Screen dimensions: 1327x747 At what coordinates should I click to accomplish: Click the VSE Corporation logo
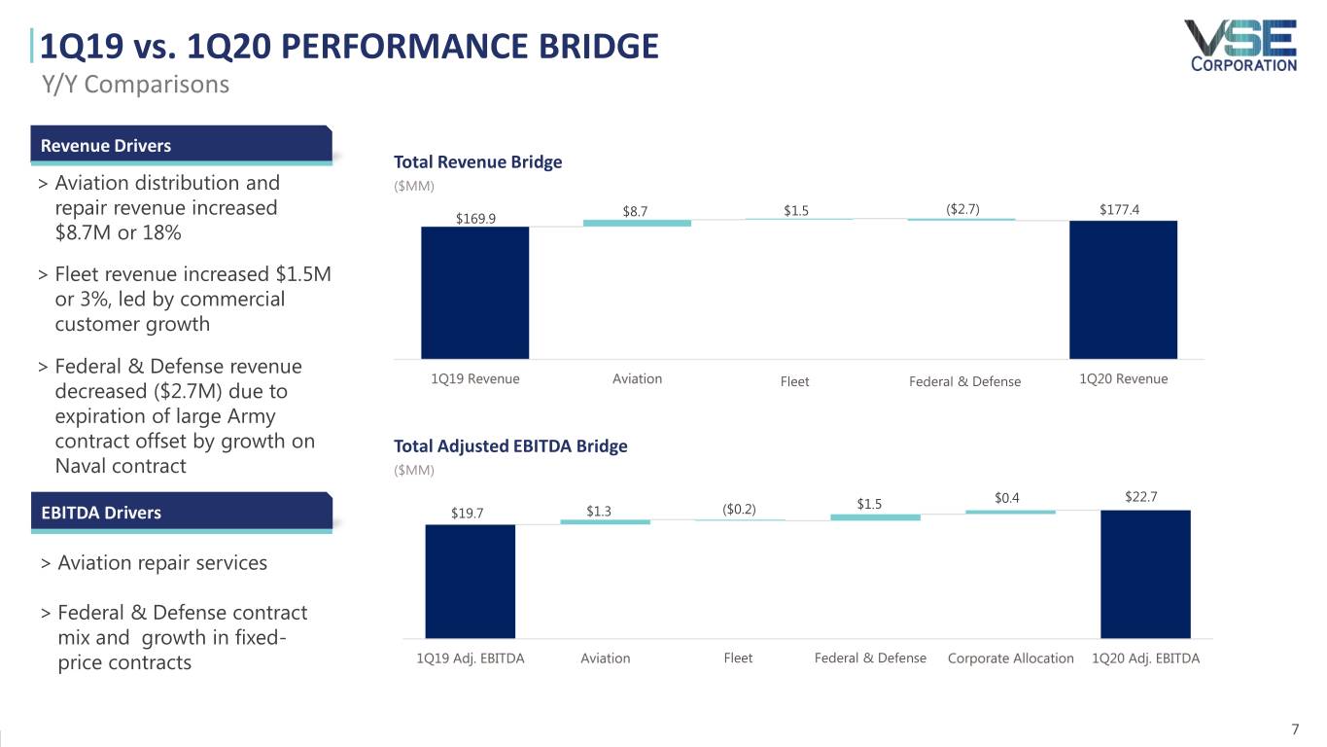[x=1241, y=46]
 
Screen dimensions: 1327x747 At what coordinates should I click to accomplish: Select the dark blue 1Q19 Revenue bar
[x=475, y=293]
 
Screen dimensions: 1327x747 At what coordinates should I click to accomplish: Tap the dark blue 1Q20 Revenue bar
[x=1123, y=290]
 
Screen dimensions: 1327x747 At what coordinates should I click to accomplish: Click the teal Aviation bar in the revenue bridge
[x=637, y=223]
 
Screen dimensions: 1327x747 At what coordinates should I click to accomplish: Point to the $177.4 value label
[x=1119, y=210]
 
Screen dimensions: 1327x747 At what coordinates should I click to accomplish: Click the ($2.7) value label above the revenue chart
[x=962, y=209]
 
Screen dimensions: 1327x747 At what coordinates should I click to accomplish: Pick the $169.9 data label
[x=475, y=219]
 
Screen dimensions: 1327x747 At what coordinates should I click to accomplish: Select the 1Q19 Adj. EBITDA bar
[x=471, y=582]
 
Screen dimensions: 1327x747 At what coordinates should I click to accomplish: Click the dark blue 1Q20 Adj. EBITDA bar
[x=1146, y=575]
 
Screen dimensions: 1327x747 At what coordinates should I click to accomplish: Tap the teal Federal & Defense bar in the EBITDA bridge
[x=876, y=517]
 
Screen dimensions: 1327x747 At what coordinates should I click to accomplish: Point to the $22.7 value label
[x=1141, y=497]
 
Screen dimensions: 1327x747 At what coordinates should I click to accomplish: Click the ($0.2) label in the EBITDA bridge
[x=739, y=510]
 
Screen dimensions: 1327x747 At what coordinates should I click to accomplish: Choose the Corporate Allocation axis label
[x=1011, y=658]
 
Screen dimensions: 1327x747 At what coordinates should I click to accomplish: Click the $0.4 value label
[x=1007, y=498]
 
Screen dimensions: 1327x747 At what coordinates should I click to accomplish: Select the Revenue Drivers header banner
[x=181, y=145]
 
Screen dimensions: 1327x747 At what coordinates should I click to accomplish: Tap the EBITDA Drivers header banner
[x=182, y=513]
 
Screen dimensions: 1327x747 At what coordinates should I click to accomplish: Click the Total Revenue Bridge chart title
[x=478, y=161]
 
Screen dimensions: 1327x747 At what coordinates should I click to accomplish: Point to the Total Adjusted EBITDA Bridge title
[x=510, y=445]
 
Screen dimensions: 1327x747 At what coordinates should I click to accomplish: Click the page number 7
[x=1295, y=729]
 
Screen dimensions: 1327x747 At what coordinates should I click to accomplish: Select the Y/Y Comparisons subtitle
[x=136, y=85]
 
